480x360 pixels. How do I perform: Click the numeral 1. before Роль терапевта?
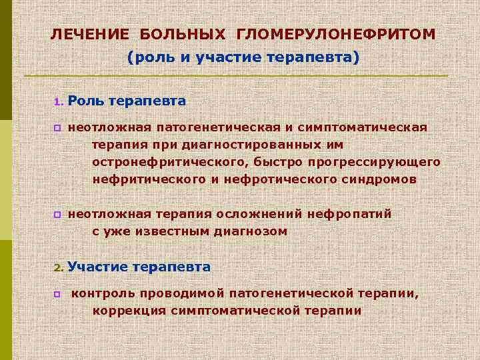click(58, 103)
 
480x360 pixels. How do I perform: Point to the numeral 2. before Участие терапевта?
click(58, 268)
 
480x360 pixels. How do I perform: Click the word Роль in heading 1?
click(85, 101)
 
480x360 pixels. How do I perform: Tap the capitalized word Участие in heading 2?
click(97, 267)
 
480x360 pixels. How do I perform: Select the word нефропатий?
click(350, 214)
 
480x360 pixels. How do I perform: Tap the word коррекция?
click(129, 311)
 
